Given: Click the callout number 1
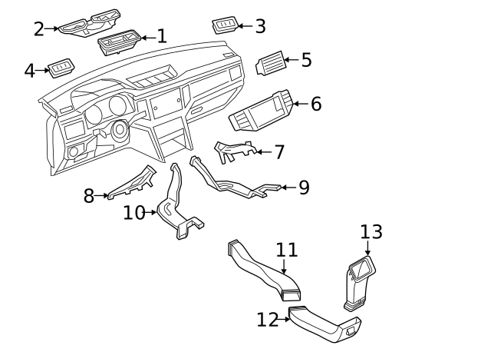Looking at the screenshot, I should (x=161, y=36).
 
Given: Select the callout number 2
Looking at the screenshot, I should (x=39, y=29).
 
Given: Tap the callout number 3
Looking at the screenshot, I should (x=260, y=26).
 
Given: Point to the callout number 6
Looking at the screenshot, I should (x=315, y=104).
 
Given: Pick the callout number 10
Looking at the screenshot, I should (x=133, y=213).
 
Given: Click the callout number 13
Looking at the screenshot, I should (x=371, y=232).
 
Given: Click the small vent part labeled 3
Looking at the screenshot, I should (x=224, y=26).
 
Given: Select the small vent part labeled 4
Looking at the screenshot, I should (x=61, y=70).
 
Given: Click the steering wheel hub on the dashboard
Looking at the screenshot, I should (x=120, y=130).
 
